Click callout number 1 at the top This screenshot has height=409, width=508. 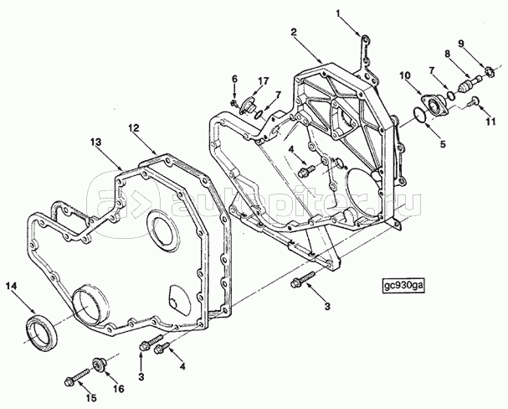coord(338,13)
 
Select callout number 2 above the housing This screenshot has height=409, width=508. coord(294,32)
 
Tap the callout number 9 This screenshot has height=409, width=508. coord(461,43)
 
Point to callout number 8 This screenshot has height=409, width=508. coord(448,54)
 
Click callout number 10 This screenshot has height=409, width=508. coord(405,75)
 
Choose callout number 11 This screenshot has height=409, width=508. coord(490,122)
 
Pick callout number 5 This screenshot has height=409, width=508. coord(443,143)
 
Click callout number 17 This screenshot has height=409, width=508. coord(264,80)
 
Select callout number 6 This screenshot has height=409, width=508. coord(234,79)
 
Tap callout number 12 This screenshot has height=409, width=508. coord(133,128)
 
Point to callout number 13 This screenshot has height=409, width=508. coord(96,142)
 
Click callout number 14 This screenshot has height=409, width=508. coord(11,286)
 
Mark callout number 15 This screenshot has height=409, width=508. coord(91,398)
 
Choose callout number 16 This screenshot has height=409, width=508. coord(119,389)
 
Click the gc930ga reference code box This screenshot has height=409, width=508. coord(403,286)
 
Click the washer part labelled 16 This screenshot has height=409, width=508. coord(99,364)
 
